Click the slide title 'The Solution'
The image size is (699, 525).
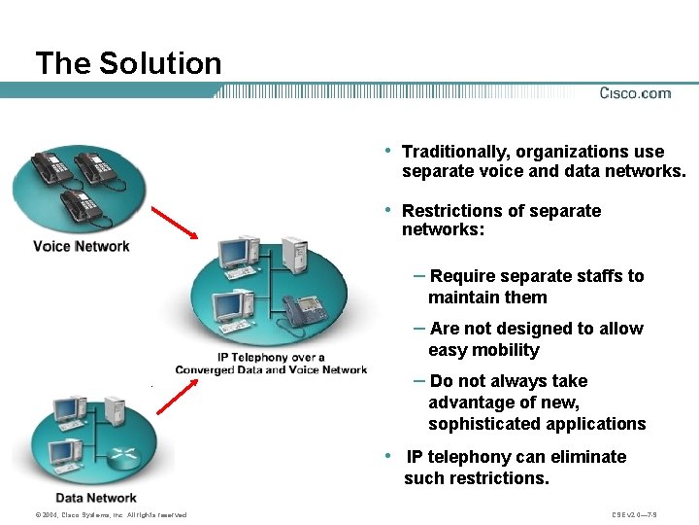128,64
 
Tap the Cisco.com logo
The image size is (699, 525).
635,93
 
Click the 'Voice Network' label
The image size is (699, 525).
82,246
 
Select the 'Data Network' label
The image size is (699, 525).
96,498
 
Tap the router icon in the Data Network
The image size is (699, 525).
123,456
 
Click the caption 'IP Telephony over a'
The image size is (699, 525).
271,357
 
